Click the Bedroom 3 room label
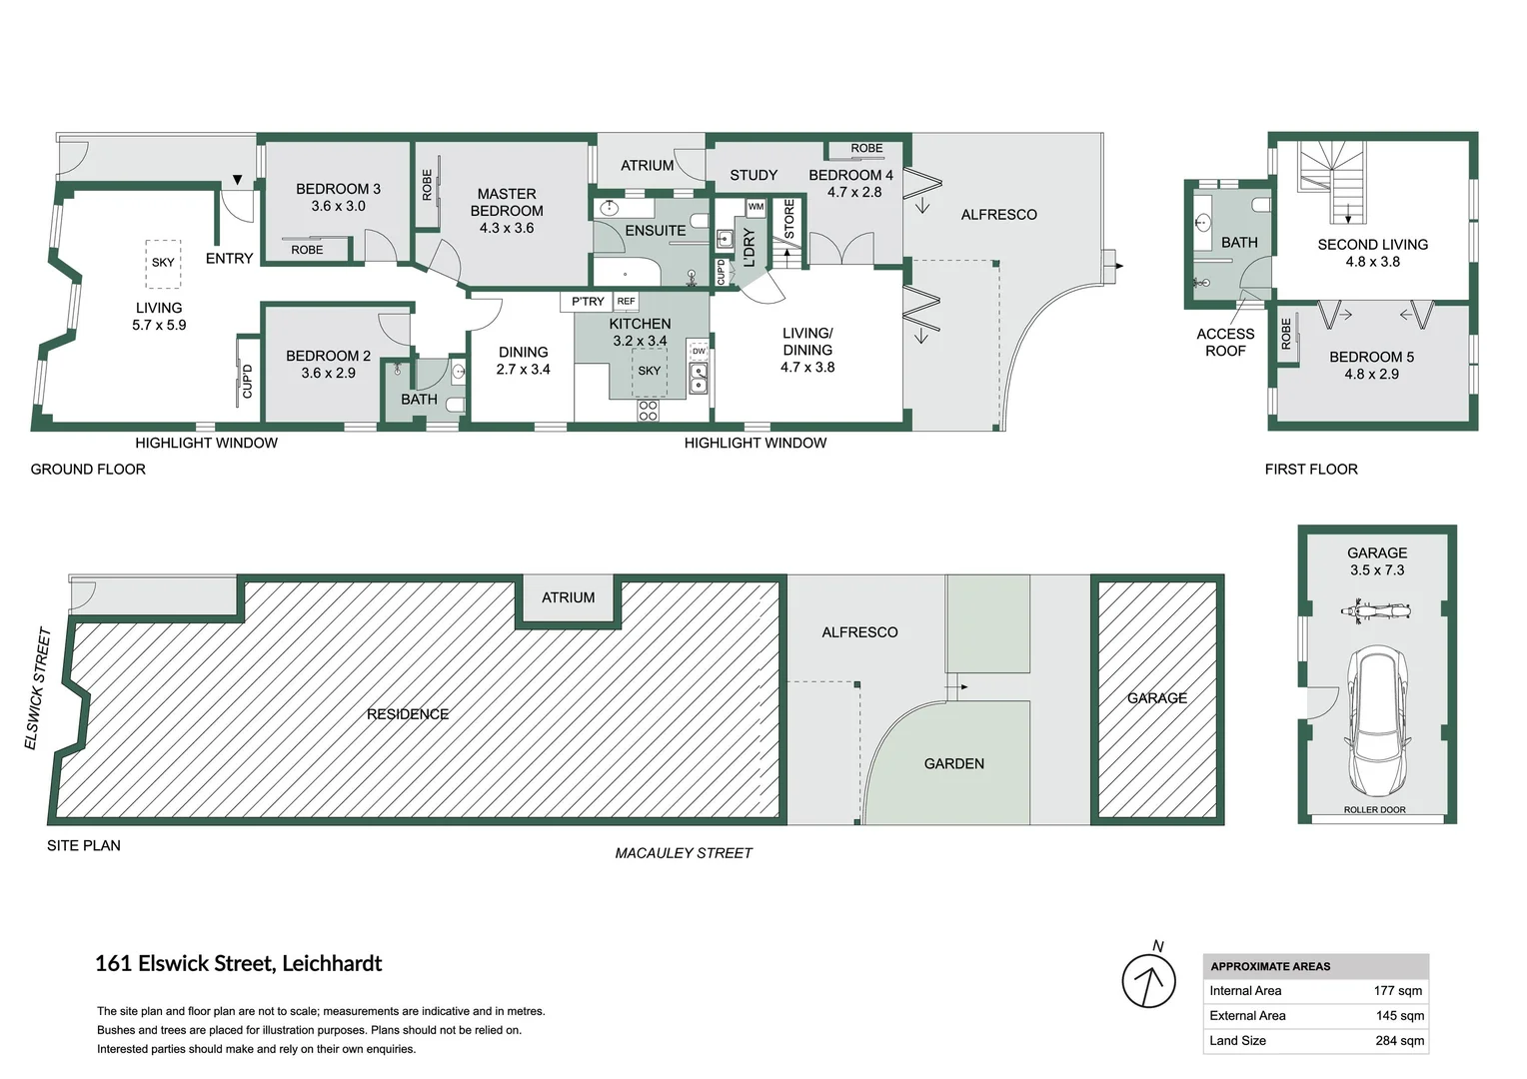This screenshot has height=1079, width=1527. tap(338, 189)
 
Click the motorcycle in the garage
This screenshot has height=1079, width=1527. tap(1376, 610)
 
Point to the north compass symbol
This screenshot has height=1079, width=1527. tap(1148, 979)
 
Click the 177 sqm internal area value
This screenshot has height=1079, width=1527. tap(1397, 991)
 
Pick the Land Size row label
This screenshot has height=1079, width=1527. tap(1237, 1041)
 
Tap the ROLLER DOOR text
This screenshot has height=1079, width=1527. tap(1374, 810)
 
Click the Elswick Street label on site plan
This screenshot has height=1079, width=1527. tap(37, 688)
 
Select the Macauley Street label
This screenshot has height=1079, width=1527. tap(684, 853)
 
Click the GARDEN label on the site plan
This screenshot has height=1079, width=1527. tap(953, 764)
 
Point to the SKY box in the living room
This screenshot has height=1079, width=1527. tap(163, 263)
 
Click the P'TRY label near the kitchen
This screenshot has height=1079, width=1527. tap(588, 302)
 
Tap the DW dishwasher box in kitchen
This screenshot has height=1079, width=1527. tap(699, 352)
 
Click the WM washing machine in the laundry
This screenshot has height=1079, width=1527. tap(756, 207)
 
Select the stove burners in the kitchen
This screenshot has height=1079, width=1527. tap(648, 410)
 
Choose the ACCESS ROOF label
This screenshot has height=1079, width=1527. tap(1225, 343)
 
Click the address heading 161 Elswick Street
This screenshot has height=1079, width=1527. tap(238, 964)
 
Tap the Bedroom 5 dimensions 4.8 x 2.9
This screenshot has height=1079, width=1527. tap(1371, 375)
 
